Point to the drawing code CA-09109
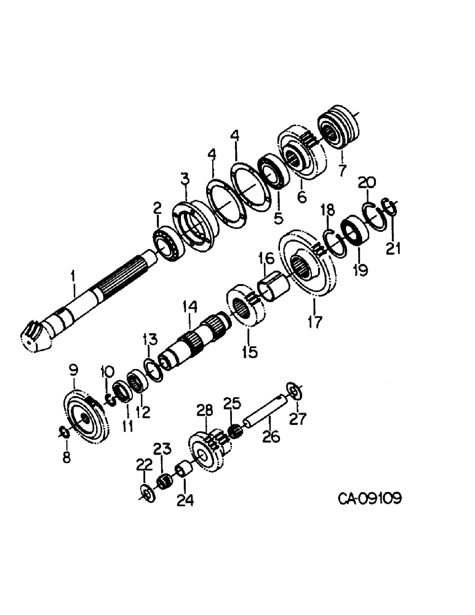pyautogui.click(x=369, y=497)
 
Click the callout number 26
pyautogui.click(x=271, y=437)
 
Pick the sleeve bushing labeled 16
pyautogui.click(x=274, y=287)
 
